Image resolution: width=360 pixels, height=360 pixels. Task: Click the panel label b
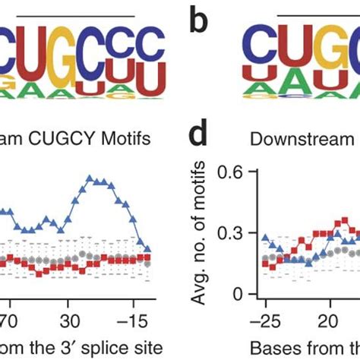[200, 25]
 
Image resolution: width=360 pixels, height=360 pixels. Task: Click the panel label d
[200, 138]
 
